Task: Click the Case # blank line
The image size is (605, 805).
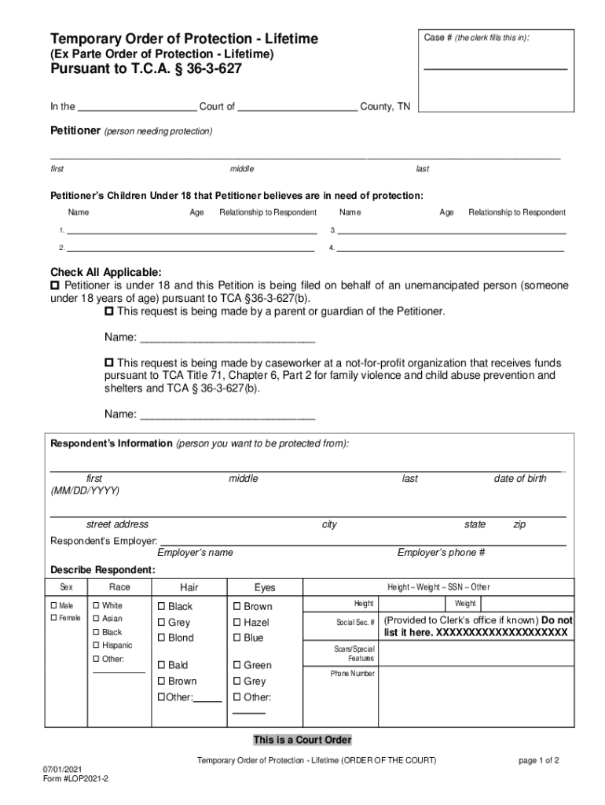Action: point(495,69)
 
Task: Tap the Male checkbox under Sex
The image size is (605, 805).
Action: point(54,605)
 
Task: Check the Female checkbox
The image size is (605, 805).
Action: point(54,619)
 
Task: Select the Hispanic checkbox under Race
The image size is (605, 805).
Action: point(97,645)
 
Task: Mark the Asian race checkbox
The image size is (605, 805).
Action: point(97,619)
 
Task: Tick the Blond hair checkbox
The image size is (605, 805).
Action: point(162,638)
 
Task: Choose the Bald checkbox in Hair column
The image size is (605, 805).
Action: point(162,665)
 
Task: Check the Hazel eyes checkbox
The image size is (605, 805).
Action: point(237,622)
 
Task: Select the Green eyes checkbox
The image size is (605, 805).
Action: point(237,665)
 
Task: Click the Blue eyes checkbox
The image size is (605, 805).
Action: point(237,638)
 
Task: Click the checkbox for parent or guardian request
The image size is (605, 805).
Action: point(109,311)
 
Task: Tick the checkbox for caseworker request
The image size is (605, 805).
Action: point(109,363)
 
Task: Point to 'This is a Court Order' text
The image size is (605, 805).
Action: point(302,740)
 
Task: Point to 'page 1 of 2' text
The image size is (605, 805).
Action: point(538,760)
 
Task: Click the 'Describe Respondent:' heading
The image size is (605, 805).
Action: point(103,569)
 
